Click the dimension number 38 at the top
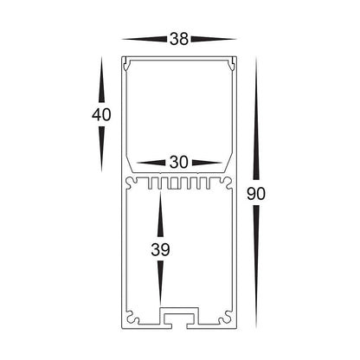[x=179, y=39]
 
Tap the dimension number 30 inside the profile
[x=179, y=162]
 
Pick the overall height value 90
[x=255, y=194]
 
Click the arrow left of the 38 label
[x=145, y=39]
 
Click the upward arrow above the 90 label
[x=255, y=121]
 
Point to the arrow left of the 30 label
[x=152, y=162]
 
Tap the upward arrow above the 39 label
[x=160, y=215]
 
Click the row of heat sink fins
[x=179, y=185]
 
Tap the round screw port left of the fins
[x=132, y=183]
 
